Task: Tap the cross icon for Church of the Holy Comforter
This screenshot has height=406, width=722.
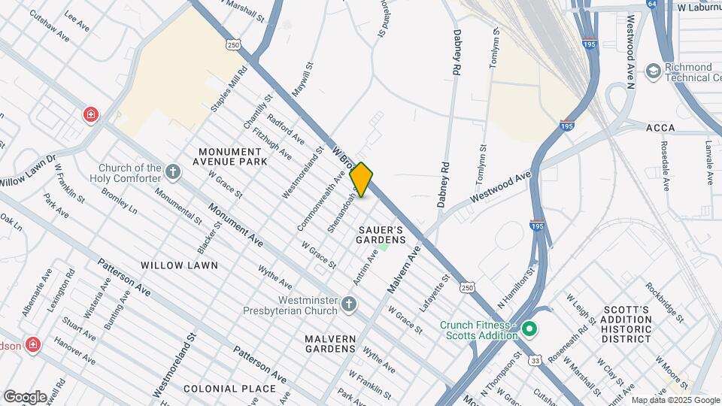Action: pos(173,172)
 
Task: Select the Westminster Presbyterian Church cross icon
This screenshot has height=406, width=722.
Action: pos(347,304)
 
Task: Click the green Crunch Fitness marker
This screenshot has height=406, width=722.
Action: pos(529,329)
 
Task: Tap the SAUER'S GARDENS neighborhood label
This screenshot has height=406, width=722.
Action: pos(381,234)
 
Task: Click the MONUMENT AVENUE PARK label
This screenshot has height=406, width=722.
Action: pos(230,156)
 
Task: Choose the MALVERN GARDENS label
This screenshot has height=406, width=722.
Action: pos(331,344)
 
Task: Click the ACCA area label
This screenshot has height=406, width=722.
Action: pos(660,128)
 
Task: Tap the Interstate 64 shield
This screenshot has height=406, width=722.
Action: pos(651,5)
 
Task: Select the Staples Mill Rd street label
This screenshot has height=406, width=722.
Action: pos(229,90)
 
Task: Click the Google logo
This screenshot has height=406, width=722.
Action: pos(26,396)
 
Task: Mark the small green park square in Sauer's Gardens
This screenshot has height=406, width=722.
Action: pos(384,246)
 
